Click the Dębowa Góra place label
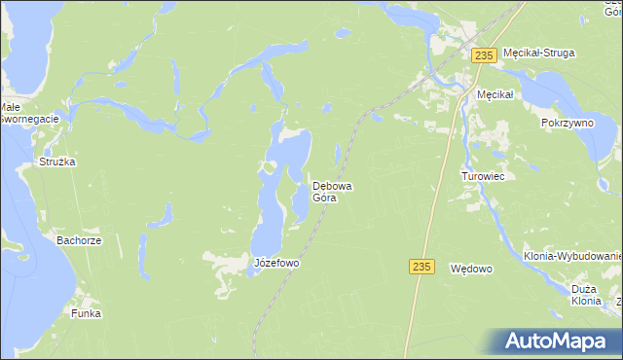[325, 191]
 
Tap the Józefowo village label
[275, 264]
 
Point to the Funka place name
[86, 314]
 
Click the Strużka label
[57, 162]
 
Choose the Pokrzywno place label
[568, 125]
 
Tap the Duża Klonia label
[586, 295]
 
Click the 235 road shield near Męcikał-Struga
[484, 56]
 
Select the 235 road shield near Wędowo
[421, 267]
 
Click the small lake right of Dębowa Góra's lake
[338, 154]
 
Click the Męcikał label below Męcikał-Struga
[495, 93]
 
